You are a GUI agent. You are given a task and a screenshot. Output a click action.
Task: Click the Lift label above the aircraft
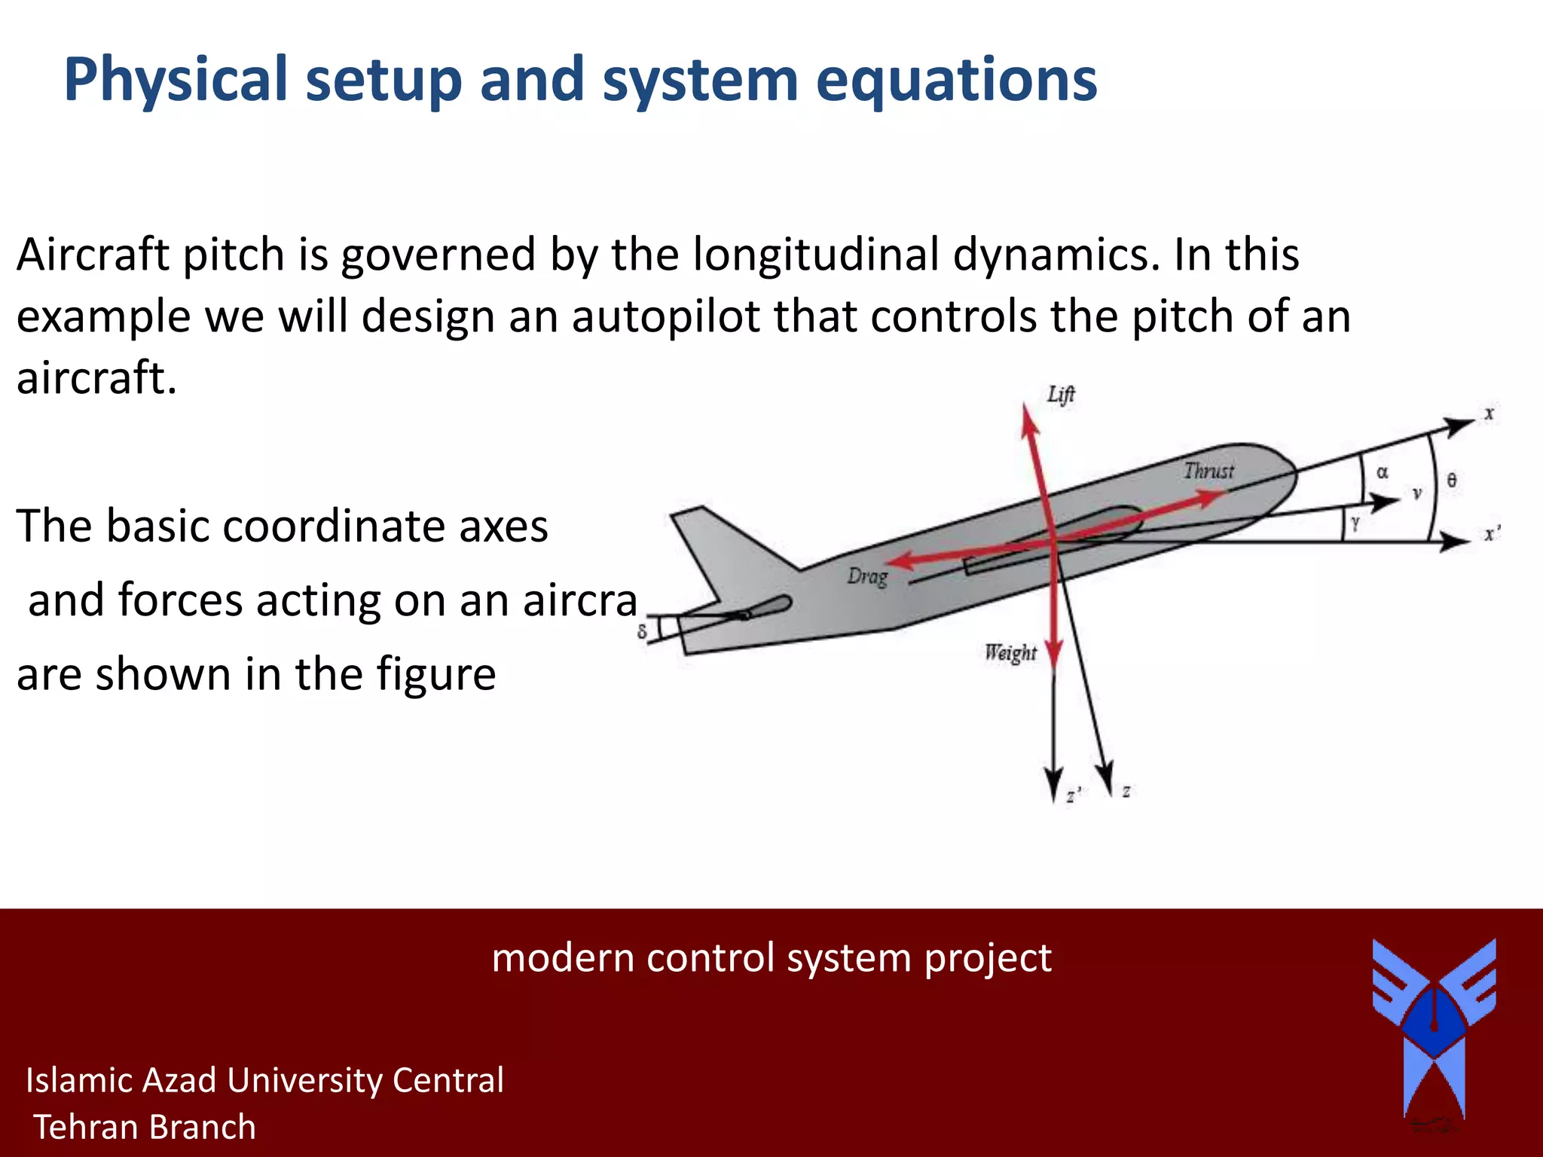[x=1061, y=395]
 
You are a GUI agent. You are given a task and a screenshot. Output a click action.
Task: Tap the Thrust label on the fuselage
[x=1208, y=472]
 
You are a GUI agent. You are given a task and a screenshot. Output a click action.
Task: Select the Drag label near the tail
[x=867, y=577]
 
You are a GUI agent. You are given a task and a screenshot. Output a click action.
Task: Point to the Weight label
[x=1010, y=652]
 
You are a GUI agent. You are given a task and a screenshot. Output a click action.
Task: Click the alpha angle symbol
[x=1382, y=473]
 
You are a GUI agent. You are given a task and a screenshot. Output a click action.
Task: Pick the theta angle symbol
[x=1451, y=480]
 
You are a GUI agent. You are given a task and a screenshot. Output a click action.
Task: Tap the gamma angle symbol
[x=1355, y=523]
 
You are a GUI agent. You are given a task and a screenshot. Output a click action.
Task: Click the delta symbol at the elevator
[x=642, y=631]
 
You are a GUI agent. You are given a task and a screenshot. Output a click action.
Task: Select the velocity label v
[x=1416, y=494]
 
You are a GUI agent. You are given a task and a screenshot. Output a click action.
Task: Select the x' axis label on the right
[x=1490, y=534]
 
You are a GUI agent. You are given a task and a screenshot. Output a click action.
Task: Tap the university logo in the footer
[x=1434, y=1028]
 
